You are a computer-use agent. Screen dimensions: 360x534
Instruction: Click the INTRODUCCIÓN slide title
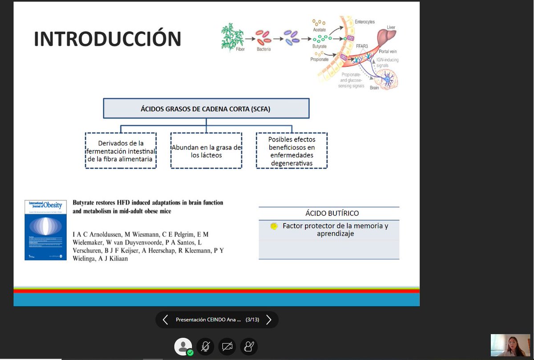(107, 39)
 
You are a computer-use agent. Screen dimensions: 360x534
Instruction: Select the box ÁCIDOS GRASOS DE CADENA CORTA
(206, 108)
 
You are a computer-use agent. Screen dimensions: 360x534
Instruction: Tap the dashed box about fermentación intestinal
(121, 151)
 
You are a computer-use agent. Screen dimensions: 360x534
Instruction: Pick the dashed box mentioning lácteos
(206, 151)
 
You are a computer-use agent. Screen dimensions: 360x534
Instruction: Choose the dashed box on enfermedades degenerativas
(291, 151)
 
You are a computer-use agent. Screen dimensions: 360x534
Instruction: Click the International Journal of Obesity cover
(45, 230)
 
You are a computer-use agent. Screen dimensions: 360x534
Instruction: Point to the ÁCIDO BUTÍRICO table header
(329, 213)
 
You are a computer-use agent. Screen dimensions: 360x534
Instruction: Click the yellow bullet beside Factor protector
(274, 226)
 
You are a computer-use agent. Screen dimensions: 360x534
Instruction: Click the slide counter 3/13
(252, 320)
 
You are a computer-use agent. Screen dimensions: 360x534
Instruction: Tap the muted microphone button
(205, 347)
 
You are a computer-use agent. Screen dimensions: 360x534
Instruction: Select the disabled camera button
(227, 347)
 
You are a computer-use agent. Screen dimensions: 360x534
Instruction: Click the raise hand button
(249, 347)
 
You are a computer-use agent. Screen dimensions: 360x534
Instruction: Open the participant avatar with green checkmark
(183, 347)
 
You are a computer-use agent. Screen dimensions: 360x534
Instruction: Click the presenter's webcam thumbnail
(510, 345)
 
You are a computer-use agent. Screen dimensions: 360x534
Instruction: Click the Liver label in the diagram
(391, 28)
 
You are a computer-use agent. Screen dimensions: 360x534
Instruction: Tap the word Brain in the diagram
(375, 88)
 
